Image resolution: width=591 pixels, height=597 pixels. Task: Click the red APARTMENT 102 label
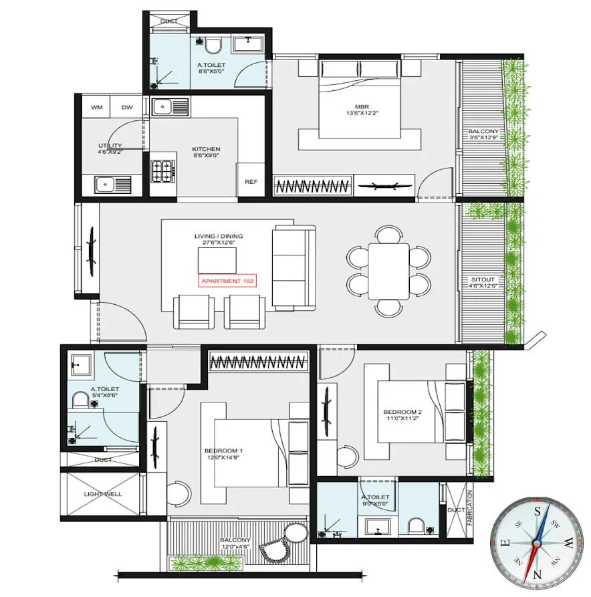click(227, 281)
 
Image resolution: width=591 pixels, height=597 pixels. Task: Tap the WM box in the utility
click(97, 107)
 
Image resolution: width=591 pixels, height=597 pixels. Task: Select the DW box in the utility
click(127, 107)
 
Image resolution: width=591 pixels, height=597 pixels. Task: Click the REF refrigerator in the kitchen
click(251, 181)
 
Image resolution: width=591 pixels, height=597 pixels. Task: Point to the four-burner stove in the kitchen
click(162, 172)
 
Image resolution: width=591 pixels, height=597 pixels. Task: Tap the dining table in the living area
click(388, 271)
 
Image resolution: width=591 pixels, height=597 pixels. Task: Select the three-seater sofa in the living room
click(293, 268)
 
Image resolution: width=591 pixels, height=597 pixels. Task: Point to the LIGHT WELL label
click(101, 493)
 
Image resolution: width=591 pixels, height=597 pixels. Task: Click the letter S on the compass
click(536, 509)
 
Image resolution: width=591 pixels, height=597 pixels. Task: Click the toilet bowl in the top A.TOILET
click(213, 46)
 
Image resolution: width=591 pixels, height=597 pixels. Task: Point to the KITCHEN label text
click(206, 149)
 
